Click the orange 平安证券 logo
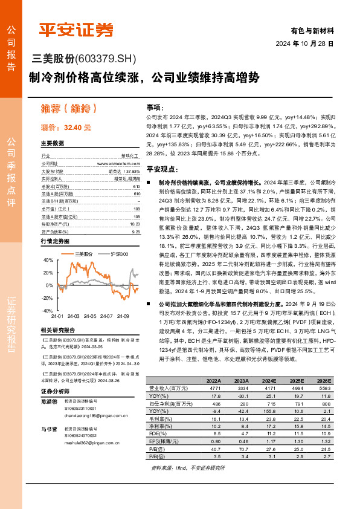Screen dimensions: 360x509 pyautogui.click(x=75, y=30)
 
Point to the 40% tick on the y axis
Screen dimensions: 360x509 pyautogui.click(x=48, y=260)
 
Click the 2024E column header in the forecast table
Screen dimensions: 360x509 pyautogui.click(x=268, y=381)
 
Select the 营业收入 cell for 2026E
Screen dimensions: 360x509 pyautogui.click(x=325, y=387)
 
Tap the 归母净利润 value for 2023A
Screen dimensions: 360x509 pyautogui.click(x=241, y=402)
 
